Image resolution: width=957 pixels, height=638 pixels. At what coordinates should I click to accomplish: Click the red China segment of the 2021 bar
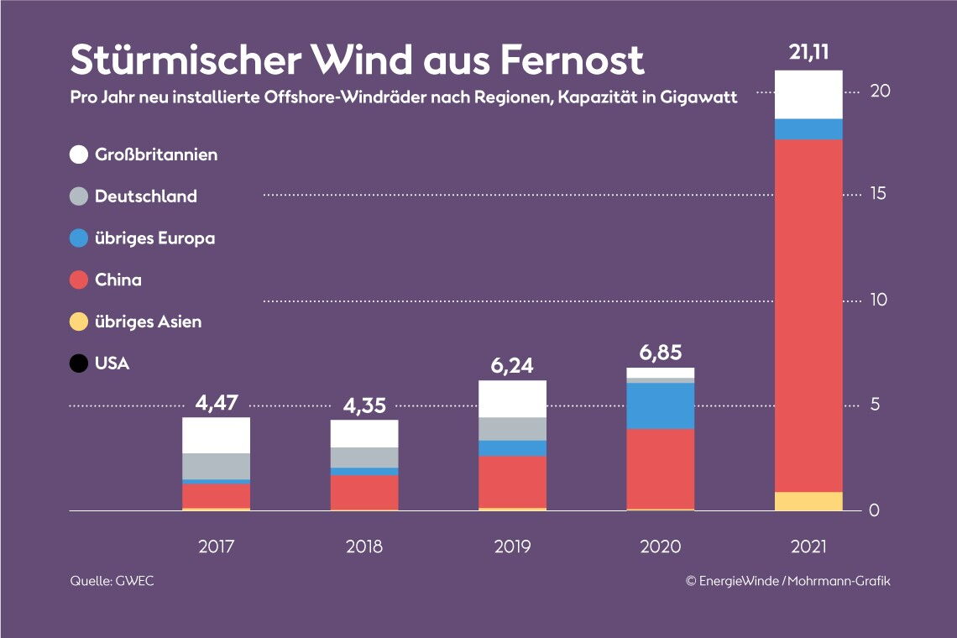click(x=808, y=315)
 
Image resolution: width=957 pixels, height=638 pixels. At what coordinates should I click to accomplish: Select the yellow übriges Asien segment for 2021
click(x=808, y=501)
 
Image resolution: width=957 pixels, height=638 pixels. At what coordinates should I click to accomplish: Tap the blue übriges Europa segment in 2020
click(x=661, y=406)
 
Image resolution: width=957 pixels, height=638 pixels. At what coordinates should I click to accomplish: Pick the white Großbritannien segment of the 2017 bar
click(x=217, y=435)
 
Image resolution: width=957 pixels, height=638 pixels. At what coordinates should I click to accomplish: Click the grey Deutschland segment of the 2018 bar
click(x=364, y=458)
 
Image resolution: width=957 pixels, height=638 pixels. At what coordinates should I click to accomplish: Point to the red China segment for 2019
click(x=512, y=482)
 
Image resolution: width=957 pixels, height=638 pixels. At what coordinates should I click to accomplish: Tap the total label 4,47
click(x=217, y=403)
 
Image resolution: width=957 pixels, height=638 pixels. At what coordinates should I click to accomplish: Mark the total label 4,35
click(x=364, y=405)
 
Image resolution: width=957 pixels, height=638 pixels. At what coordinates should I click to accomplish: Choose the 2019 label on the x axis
click(x=512, y=546)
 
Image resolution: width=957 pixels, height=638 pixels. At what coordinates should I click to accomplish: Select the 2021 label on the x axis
click(x=808, y=546)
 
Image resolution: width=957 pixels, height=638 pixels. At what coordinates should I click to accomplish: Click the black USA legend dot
click(x=79, y=364)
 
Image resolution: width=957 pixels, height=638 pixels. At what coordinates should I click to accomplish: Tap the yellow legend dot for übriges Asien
click(x=79, y=322)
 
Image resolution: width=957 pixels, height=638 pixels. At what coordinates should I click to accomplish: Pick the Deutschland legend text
click(x=146, y=196)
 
